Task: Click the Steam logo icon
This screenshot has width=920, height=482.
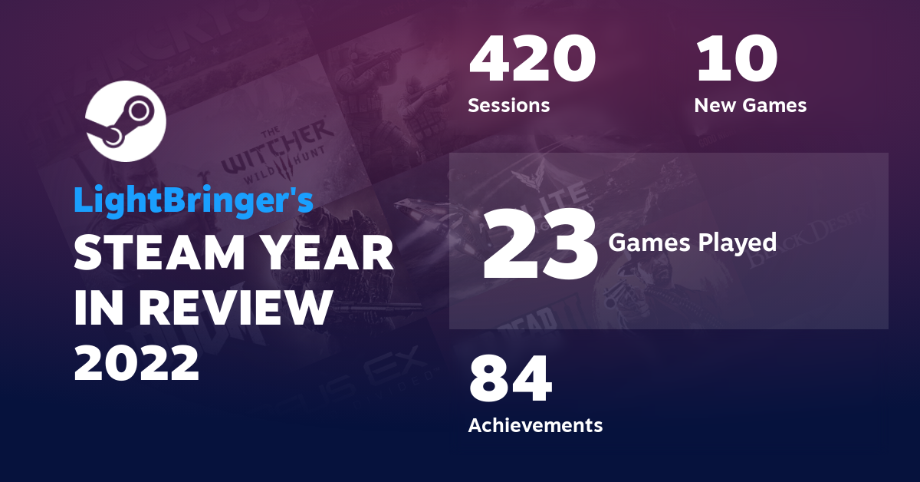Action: [x=125, y=120]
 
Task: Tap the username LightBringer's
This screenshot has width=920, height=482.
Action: [x=193, y=200]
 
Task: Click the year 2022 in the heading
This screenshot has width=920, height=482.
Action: [x=136, y=362]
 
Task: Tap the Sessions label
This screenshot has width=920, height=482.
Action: [x=508, y=105]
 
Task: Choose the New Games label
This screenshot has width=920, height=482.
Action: [x=750, y=105]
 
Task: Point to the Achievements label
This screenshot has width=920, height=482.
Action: [x=535, y=424]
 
